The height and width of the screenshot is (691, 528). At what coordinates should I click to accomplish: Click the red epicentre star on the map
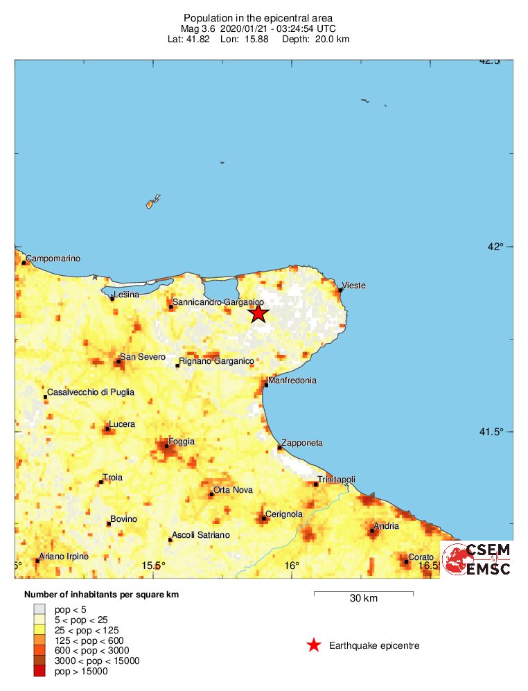pyautogui.click(x=258, y=313)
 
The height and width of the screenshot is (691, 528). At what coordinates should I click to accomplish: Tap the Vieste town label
pyautogui.click(x=353, y=286)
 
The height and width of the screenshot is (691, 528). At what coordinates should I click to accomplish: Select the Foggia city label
pyautogui.click(x=181, y=441)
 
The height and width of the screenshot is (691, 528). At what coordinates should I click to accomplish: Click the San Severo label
pyautogui.click(x=143, y=357)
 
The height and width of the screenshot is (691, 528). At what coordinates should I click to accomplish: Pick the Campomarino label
pyautogui.click(x=53, y=259)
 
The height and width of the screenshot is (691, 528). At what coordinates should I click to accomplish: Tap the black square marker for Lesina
pyautogui.click(x=112, y=299)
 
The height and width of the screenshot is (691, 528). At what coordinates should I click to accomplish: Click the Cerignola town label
pyautogui.click(x=284, y=514)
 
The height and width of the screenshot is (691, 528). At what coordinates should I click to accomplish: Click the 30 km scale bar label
pyautogui.click(x=363, y=599)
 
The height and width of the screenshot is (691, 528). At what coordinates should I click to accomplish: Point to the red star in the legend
pyautogui.click(x=313, y=646)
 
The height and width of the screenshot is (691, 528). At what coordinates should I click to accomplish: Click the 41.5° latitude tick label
pyautogui.click(x=499, y=432)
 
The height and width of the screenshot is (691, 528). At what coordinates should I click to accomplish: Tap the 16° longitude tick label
pyautogui.click(x=292, y=566)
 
